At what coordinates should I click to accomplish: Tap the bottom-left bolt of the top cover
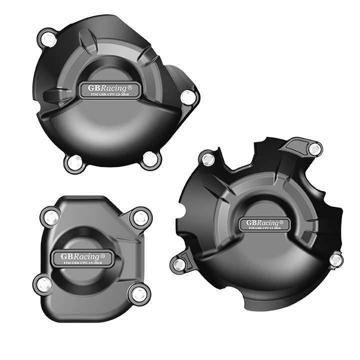(74, 161)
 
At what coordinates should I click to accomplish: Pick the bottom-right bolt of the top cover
(149, 159)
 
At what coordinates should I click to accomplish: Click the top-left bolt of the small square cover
(50, 218)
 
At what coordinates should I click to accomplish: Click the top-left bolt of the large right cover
(207, 159)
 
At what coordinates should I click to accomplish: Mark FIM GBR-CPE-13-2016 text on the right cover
(265, 228)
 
